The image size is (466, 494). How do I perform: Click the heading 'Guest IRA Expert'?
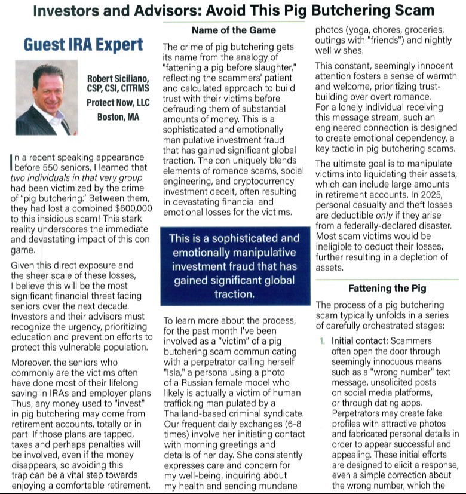[x=84, y=45]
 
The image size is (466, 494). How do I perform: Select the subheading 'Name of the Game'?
[x=234, y=30]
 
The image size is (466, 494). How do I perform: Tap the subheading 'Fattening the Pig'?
[x=387, y=288]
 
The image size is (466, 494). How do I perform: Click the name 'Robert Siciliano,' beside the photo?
[x=117, y=79]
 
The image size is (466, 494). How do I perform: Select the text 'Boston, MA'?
[x=118, y=117]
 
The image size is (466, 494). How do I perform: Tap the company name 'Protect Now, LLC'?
[x=118, y=103]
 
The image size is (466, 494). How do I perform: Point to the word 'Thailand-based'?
[x=194, y=413]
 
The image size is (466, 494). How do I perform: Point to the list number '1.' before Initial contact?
[x=322, y=341]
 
